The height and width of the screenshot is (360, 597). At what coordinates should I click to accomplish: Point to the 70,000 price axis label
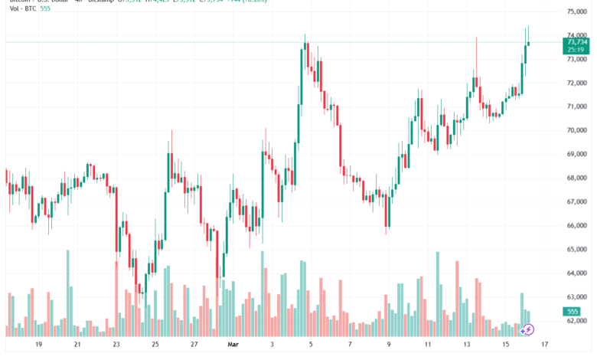pos(577,130)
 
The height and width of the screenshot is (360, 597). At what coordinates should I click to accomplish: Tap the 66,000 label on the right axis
pos(577,225)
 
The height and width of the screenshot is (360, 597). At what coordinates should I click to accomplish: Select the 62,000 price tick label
pos(577,321)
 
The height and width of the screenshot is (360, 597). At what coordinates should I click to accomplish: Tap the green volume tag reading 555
pos(572,311)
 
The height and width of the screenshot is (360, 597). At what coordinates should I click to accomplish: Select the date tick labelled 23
pos(116,345)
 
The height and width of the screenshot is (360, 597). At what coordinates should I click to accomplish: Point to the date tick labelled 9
pos(389,345)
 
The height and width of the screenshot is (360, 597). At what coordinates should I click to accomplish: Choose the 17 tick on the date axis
pos(544,345)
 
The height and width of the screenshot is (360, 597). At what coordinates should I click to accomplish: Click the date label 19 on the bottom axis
pos(38,345)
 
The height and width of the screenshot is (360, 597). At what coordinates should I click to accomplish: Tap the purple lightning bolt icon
pos(527,329)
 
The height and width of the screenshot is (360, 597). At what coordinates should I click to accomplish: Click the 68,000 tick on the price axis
pos(577,178)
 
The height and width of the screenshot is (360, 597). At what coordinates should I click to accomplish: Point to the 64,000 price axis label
pos(577,273)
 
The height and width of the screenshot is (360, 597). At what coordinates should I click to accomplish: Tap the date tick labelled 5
pos(310,345)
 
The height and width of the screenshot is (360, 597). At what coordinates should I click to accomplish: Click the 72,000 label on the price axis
pos(577,83)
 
